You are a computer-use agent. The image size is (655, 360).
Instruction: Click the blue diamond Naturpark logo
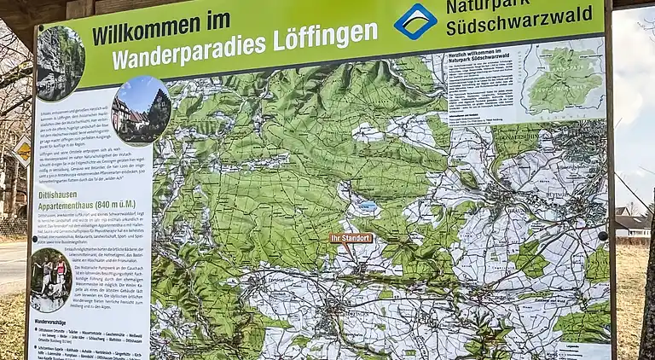click(414, 20)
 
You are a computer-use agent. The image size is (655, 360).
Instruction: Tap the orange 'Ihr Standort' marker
click(351, 238)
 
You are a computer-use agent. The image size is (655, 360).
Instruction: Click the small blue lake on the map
click(368, 206)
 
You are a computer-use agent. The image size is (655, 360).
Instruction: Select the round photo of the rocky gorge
click(60, 62)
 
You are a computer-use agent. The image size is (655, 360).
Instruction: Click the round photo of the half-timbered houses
click(142, 111)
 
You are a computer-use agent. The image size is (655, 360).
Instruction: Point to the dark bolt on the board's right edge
click(603, 236)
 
